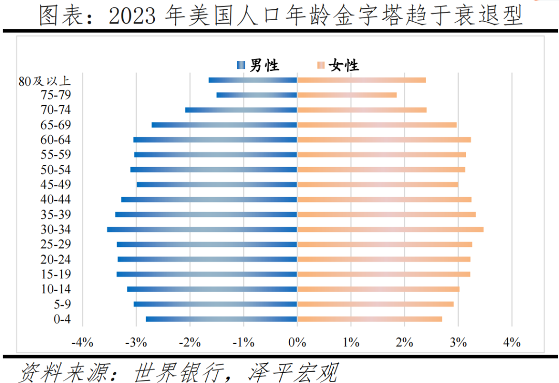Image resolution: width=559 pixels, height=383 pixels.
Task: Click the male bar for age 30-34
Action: (x=202, y=229)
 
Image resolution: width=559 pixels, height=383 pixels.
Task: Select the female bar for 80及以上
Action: (x=361, y=80)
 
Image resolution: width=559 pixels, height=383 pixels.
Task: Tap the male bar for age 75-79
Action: (x=257, y=95)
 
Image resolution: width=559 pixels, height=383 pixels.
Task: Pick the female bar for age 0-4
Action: (x=370, y=319)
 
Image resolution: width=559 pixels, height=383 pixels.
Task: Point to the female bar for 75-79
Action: (x=347, y=95)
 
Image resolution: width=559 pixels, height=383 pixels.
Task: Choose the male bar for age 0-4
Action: (x=222, y=319)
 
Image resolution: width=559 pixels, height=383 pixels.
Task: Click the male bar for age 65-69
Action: (x=224, y=125)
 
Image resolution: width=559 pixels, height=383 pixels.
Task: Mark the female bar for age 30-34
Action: (x=390, y=229)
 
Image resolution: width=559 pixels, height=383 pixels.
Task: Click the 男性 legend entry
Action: (x=258, y=65)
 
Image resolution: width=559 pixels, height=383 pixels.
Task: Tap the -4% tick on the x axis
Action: (x=82, y=342)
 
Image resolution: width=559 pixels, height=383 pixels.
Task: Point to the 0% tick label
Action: (x=297, y=342)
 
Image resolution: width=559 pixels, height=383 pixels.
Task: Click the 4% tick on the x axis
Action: (x=512, y=342)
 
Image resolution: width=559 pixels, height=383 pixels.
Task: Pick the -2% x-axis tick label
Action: (x=189, y=342)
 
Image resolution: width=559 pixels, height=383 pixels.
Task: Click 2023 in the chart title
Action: (x=133, y=16)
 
